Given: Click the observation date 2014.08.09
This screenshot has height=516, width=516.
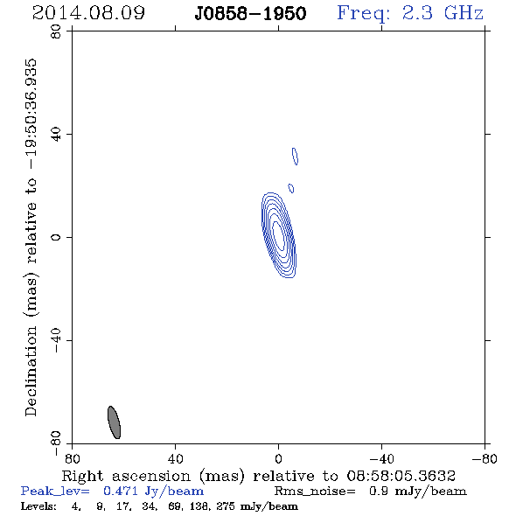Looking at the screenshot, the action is (x=88, y=13).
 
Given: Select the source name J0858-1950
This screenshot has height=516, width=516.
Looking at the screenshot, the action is (x=250, y=14).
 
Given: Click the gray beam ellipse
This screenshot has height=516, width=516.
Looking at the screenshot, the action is (x=115, y=422).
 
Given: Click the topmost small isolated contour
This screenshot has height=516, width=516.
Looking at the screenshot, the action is (x=296, y=157).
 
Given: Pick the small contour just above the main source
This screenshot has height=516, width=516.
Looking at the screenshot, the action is (x=291, y=188).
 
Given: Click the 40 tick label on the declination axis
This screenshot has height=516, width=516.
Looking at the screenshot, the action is (x=56, y=135).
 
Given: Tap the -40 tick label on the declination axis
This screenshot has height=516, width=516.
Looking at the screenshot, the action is (x=56, y=340).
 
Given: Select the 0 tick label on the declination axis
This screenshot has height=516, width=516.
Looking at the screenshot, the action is (x=56, y=237).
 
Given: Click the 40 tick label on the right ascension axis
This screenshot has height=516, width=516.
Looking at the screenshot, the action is (x=175, y=459).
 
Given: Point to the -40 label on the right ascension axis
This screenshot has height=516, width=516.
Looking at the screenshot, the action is (x=381, y=459).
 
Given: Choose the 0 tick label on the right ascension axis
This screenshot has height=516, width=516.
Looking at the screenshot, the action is (x=278, y=459).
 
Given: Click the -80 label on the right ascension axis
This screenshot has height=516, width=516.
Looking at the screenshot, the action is (x=485, y=459).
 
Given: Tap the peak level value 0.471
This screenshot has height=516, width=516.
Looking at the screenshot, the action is (x=121, y=491).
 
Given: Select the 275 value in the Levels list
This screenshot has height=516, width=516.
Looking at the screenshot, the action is (x=225, y=506).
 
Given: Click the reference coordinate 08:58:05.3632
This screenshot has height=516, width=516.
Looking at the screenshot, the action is (x=401, y=476).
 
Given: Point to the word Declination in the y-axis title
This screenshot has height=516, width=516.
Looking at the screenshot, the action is (x=31, y=371).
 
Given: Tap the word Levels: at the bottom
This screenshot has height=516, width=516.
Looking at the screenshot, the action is (x=38, y=506).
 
